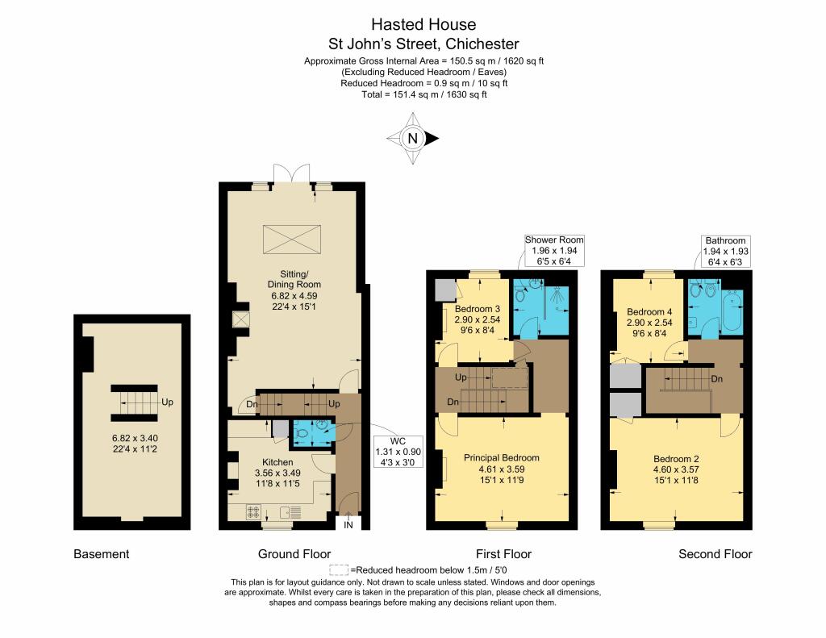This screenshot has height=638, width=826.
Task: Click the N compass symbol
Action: pos(412,139)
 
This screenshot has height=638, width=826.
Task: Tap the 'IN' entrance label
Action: pos(348,525)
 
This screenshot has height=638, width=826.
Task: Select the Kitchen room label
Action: pos(277,462)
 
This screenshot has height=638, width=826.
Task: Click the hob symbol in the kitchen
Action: pos(253,511)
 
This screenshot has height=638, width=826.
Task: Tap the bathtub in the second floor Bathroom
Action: pos(732,311)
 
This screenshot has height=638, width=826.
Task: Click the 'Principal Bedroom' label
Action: pos(502,458)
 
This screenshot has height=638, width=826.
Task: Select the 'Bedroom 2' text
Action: pos(676,459)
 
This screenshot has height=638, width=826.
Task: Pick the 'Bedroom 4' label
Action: pos(649,312)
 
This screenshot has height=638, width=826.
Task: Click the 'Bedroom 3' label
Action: pos(478,309)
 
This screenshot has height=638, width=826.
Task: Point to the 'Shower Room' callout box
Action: pos(554,251)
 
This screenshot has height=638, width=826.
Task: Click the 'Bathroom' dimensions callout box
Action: pos(725,252)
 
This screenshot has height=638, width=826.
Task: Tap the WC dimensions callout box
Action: pos(398,452)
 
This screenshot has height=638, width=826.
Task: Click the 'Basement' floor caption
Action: pos(101,553)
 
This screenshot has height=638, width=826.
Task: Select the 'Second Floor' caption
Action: pos(715,553)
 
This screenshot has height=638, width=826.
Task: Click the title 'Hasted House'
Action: pos(423,24)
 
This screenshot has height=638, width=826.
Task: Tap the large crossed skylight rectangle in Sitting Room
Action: pos(292,240)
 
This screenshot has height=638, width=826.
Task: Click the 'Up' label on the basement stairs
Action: pos(167,402)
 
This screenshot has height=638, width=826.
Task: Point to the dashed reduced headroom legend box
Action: pos(339,570)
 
